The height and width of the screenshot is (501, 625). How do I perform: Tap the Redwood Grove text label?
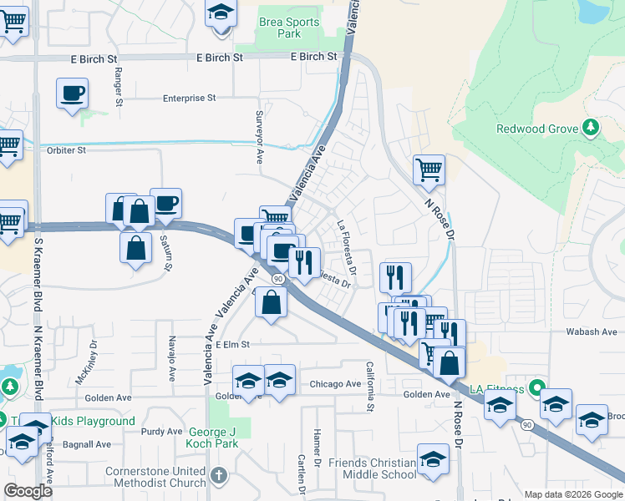point(536,129)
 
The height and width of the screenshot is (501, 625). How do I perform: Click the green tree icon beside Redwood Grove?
point(591,128)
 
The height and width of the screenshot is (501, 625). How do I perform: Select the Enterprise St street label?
point(190,98)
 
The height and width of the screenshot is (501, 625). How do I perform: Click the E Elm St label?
point(233,344)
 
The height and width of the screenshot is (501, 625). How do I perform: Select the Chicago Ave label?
point(335,384)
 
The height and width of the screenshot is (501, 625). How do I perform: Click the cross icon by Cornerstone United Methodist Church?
point(218,476)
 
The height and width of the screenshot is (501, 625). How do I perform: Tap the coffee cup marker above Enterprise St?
point(73,94)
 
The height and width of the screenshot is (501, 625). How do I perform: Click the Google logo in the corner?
point(27,490)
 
